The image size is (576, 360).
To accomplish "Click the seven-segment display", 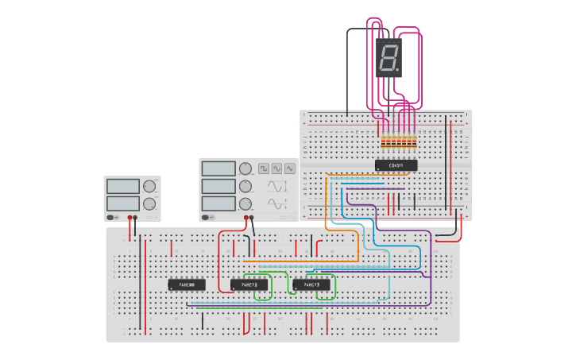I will pyautogui.click(x=389, y=57).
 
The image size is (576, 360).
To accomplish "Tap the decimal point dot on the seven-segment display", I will pyautogui.click(x=397, y=70).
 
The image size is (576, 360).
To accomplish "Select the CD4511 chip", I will pyautogui.click(x=396, y=165).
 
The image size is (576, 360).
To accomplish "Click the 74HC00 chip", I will pyautogui.click(x=187, y=284).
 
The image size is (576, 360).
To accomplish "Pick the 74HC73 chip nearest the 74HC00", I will pyautogui.click(x=249, y=284).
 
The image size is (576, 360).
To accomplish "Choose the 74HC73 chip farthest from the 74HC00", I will pyautogui.click(x=311, y=284).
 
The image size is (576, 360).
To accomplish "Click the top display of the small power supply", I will pyautogui.click(x=123, y=186).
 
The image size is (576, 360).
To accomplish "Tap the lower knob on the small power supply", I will pyautogui.click(x=149, y=203).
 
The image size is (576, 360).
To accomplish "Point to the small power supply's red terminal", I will pyautogui.click(x=130, y=217).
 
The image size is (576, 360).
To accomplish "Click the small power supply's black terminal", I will pyautogui.click(x=136, y=217).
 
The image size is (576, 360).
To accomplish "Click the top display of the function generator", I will pyautogui.click(x=218, y=168).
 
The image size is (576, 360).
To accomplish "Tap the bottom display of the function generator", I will pyautogui.click(x=218, y=203).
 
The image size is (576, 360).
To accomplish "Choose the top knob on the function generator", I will pyautogui.click(x=245, y=168).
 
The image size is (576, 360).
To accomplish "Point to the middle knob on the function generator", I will pyautogui.click(x=245, y=186).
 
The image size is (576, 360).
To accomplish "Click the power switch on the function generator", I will pyautogui.click(x=208, y=217).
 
